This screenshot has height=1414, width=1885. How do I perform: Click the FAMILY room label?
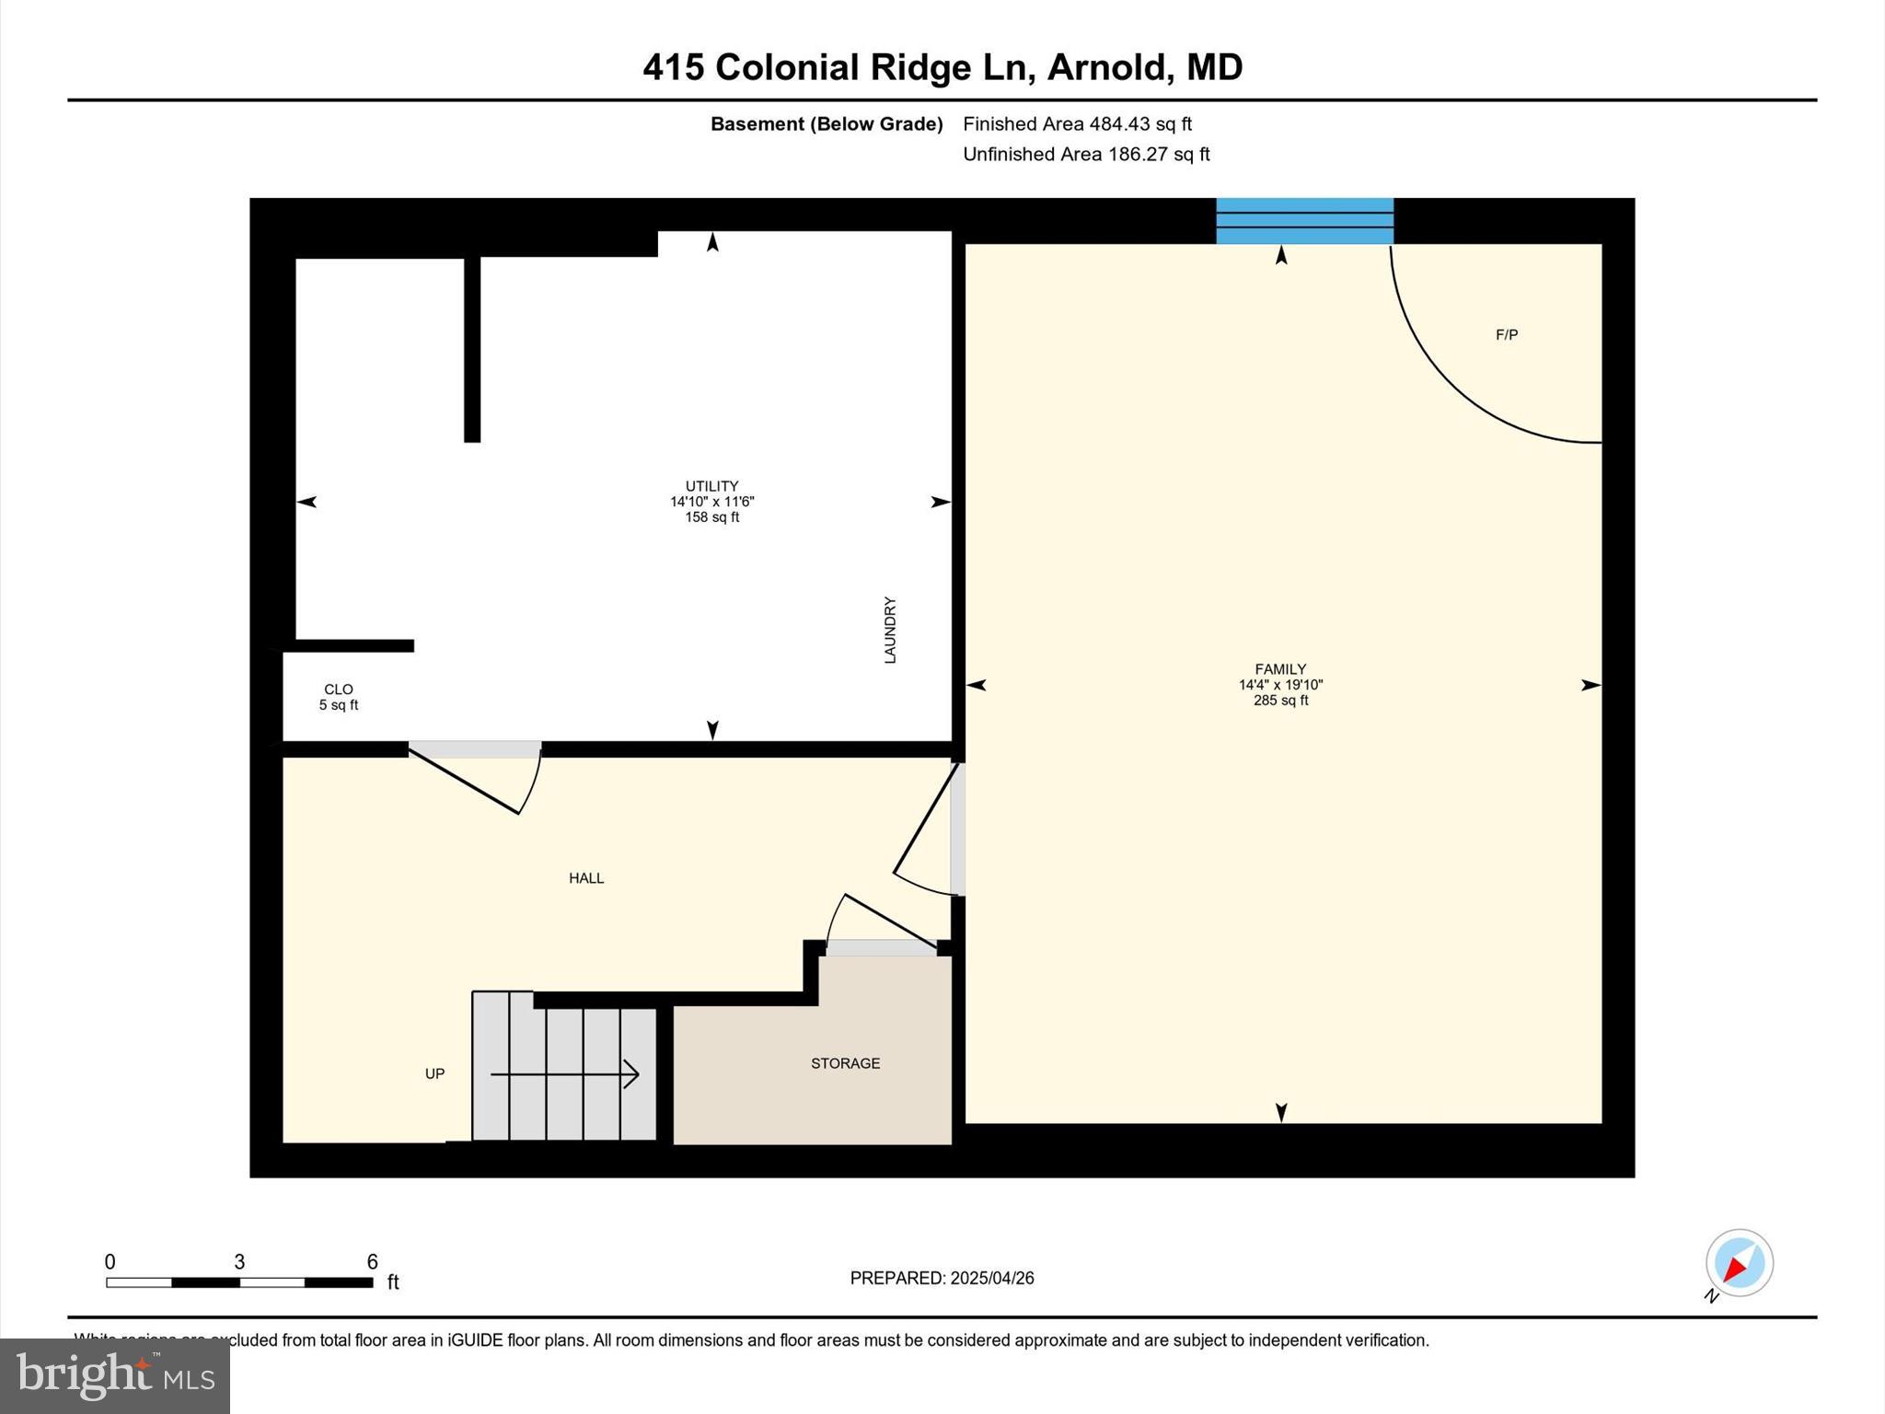click(x=1279, y=669)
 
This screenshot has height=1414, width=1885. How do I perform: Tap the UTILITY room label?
click(x=711, y=486)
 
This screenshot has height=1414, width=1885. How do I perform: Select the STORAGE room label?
click(x=845, y=1063)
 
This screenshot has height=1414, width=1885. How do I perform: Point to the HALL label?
click(x=586, y=878)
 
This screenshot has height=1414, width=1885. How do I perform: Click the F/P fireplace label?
click(x=1507, y=335)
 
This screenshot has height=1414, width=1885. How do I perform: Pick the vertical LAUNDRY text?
click(x=890, y=630)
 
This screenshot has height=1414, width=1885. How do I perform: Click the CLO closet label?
click(x=339, y=690)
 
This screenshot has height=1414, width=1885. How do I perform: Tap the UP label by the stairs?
click(x=434, y=1073)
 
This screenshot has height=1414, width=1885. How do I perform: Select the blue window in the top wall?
click(x=1304, y=221)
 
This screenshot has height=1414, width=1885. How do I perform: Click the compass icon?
click(x=1739, y=1263)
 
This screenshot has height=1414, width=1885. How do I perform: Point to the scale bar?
click(x=239, y=1282)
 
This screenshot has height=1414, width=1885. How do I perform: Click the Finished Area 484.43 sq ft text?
click(x=1077, y=124)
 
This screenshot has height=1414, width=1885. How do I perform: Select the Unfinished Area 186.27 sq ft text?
click(x=1086, y=155)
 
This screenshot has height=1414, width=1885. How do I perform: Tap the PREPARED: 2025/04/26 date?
click(x=942, y=1278)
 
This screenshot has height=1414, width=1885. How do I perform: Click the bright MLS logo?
click(x=115, y=1375)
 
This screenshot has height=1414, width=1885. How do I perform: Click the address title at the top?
click(x=942, y=67)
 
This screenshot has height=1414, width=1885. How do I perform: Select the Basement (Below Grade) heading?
click(x=827, y=124)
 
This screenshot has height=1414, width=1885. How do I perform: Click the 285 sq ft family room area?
click(x=1280, y=701)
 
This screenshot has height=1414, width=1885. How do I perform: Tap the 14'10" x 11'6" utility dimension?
click(x=711, y=502)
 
